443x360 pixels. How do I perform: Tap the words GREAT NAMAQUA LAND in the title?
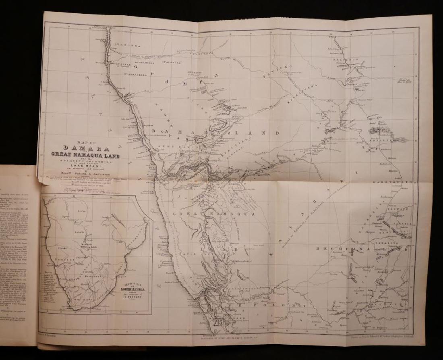pos(85,155)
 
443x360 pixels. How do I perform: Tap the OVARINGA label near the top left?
pos(126,46)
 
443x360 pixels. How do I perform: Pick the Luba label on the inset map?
pos(83,211)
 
